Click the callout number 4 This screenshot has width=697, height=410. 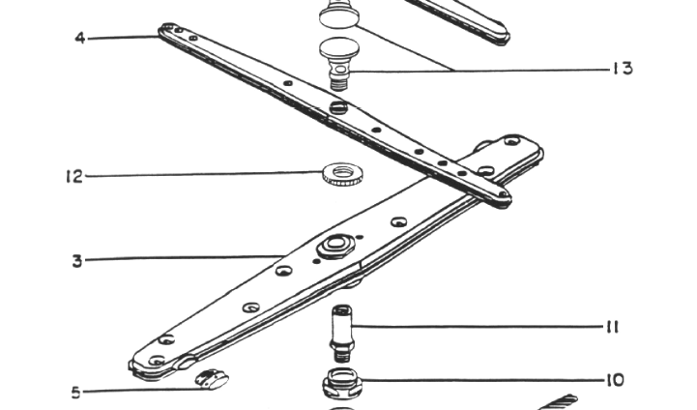point(80,38)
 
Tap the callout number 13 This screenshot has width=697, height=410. point(623,69)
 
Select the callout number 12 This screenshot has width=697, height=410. point(74,177)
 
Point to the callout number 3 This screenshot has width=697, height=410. point(77,261)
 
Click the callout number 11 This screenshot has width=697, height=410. point(612,327)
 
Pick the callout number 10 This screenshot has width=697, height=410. point(615,380)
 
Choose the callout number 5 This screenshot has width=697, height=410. point(76,393)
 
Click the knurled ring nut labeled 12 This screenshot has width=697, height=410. point(342,174)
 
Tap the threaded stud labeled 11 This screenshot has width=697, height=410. point(342,334)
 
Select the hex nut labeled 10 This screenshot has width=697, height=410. point(342,383)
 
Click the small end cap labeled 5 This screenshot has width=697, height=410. point(212,379)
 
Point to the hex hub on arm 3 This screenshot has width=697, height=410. point(335,246)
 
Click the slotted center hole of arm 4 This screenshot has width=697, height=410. point(338,107)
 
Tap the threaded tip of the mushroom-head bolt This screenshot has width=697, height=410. point(340,83)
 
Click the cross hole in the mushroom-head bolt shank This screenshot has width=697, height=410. point(340,70)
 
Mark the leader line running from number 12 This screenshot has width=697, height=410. point(204,174)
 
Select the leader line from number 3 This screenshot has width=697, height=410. point(185,258)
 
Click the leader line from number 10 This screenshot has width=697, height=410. point(482,380)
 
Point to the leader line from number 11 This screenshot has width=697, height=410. point(478,327)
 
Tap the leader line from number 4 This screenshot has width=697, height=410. point(123,39)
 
